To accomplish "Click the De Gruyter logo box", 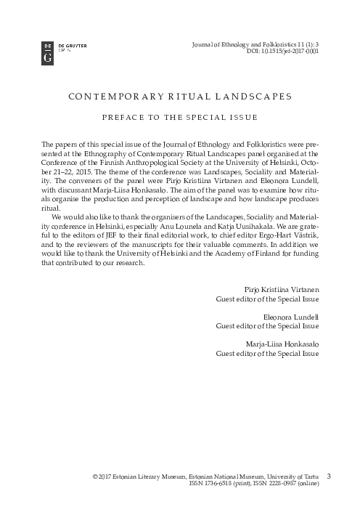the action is [48, 53].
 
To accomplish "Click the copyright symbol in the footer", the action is [95, 477].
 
